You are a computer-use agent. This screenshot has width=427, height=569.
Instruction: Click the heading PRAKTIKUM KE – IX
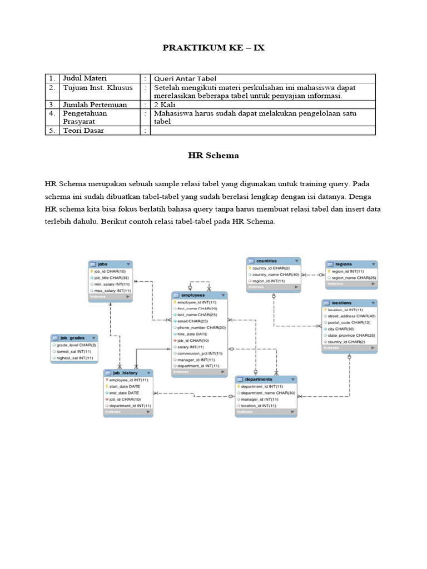[213, 48]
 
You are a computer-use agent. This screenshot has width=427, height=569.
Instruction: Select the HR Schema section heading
[213, 156]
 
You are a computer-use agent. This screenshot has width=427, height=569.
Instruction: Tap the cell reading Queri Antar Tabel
[185, 79]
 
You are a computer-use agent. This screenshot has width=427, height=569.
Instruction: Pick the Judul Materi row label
[85, 78]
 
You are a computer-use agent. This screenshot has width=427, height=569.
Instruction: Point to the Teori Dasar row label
[83, 131]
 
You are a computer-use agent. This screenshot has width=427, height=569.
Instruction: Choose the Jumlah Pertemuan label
[95, 104]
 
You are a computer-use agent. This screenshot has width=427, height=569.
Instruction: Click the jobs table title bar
[110, 264]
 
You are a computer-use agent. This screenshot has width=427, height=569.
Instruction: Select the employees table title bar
[199, 295]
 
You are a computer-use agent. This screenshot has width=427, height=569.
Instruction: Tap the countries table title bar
[274, 261]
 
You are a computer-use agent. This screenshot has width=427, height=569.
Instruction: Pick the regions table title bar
[351, 264]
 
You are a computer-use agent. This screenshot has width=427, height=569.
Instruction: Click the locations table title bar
[349, 303]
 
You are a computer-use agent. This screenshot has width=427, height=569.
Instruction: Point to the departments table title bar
[266, 380]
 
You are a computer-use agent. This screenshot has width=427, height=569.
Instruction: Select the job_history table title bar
[127, 373]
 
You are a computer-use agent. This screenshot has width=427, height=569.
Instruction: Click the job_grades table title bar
[74, 338]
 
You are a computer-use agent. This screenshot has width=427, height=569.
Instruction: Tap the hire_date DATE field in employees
[192, 334]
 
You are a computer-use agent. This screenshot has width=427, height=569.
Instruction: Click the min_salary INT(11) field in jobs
[112, 284]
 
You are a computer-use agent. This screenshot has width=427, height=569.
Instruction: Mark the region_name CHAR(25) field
[354, 277]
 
